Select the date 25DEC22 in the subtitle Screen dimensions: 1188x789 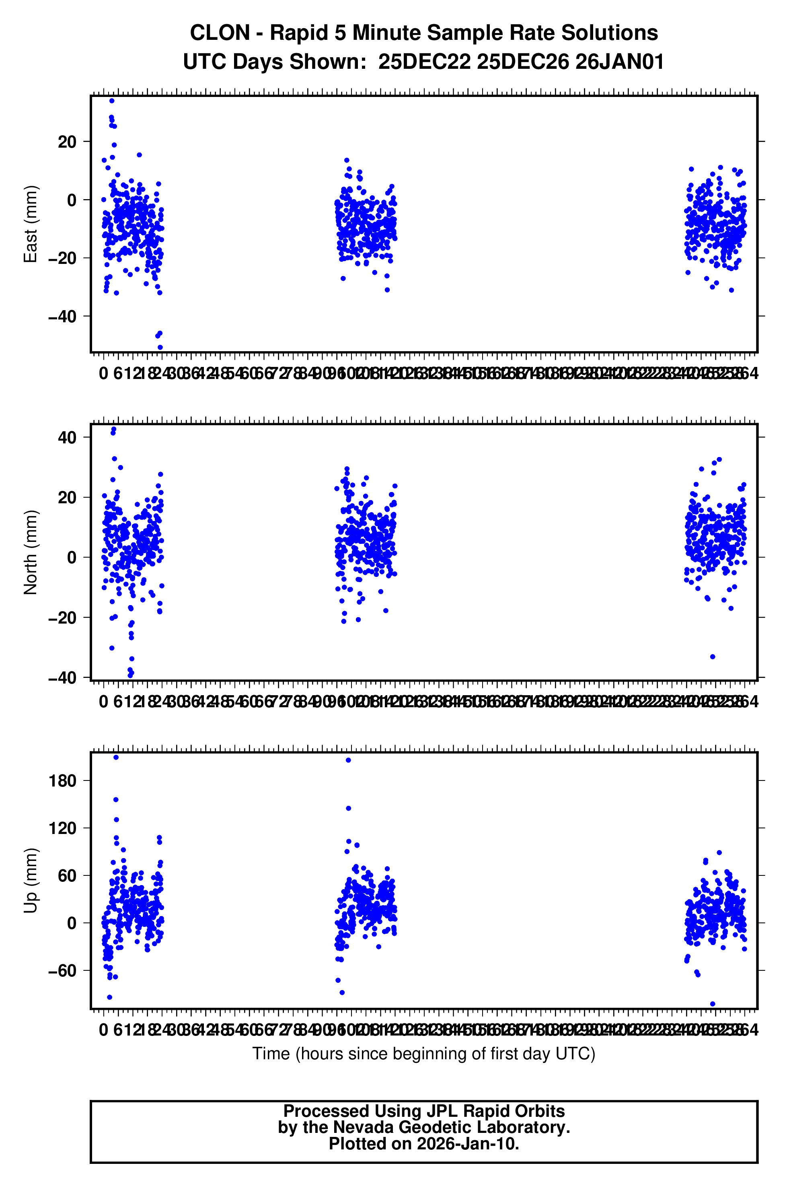click(424, 62)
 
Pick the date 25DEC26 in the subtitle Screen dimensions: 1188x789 click(523, 62)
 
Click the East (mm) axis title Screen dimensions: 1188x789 click(31, 224)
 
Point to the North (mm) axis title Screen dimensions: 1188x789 click(31, 552)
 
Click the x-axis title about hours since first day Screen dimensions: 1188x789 click(424, 1053)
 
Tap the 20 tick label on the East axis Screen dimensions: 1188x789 click(67, 142)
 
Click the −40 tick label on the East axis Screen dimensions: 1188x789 click(62, 317)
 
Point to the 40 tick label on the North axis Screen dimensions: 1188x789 click(67, 437)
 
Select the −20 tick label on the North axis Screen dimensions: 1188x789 click(62, 618)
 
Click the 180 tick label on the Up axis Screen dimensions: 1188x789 click(62, 781)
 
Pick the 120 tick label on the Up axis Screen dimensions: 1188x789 click(62, 828)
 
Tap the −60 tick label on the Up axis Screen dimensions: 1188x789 click(62, 970)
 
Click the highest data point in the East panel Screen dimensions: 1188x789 click(112, 101)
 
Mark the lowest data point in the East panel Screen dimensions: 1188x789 click(160, 347)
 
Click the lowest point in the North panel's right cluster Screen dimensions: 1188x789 click(713, 657)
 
